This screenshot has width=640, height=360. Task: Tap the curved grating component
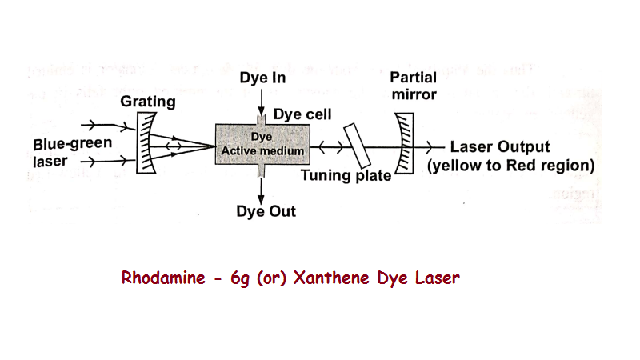[145, 144]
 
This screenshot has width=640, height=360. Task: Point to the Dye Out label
[266, 211]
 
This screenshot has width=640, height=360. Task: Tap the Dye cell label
[302, 115]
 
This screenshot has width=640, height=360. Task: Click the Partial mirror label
[414, 86]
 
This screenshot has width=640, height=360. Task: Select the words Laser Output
[500, 147]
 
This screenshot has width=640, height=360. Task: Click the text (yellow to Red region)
[510, 166]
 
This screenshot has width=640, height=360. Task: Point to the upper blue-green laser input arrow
[104, 126]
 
